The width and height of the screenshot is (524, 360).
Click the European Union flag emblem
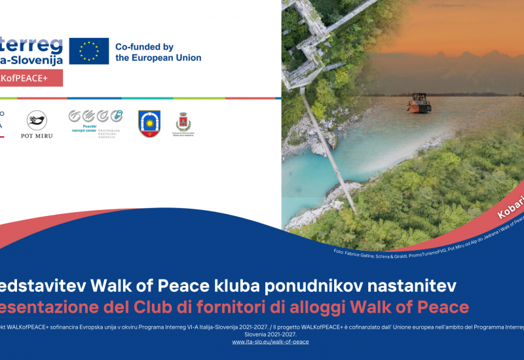(x=89, y=51)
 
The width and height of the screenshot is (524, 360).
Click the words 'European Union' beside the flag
(x=159, y=58)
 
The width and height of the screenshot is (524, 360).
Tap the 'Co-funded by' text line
(x=144, y=46)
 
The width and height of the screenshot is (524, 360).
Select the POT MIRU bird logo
(x=37, y=120)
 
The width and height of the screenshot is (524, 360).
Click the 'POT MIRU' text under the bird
(x=37, y=135)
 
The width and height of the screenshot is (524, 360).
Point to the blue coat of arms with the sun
(x=149, y=123)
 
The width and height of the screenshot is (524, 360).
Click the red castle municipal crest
(x=183, y=121)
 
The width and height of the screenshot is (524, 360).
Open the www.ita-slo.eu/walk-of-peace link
(x=271, y=342)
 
